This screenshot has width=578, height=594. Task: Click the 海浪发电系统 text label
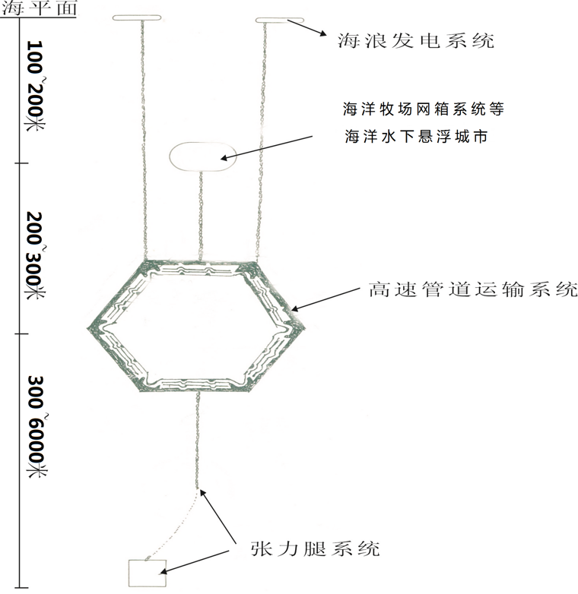tap(415, 39)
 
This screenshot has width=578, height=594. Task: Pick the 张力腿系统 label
tap(314, 548)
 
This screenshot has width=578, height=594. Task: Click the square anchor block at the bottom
tap(146, 573)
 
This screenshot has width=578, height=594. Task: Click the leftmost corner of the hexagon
tap(90, 327)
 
